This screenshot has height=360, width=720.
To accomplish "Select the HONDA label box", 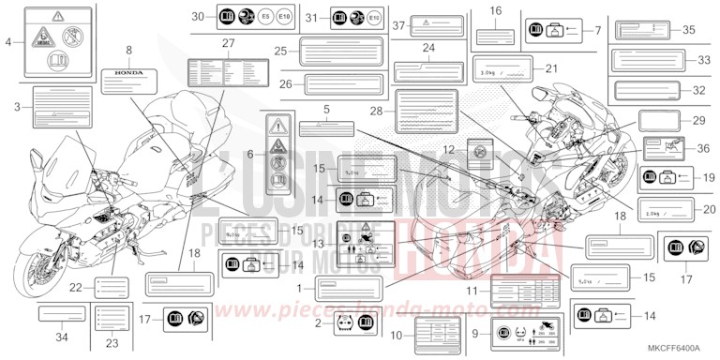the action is click(x=128, y=71).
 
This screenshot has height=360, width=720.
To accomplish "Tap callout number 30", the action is click(x=197, y=17).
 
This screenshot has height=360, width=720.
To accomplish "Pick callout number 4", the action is click(x=8, y=42).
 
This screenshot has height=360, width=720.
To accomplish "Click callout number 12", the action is click(x=449, y=149).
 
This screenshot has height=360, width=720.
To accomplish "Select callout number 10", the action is click(x=397, y=333).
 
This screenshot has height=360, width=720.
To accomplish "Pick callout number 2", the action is click(x=319, y=324).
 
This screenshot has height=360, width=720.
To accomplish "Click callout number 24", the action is click(x=428, y=47).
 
